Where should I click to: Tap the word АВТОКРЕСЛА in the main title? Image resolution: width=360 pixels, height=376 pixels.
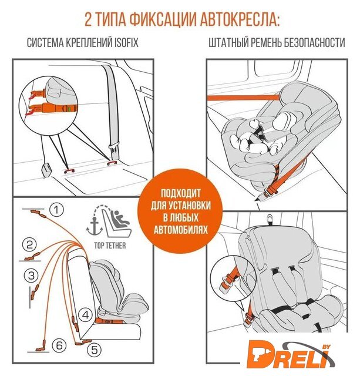[x=240, y=19]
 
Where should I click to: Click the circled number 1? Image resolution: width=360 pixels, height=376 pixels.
[x=56, y=210]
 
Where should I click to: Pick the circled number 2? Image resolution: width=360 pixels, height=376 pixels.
[x=29, y=245]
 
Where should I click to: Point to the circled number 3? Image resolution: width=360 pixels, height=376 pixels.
[x=31, y=276]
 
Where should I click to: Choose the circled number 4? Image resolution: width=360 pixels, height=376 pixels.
[x=85, y=315]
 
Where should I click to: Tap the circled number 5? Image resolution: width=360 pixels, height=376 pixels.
[x=95, y=350]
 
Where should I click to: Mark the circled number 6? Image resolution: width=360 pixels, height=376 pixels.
[x=59, y=345]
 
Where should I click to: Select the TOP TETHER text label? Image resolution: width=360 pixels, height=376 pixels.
[x=110, y=246]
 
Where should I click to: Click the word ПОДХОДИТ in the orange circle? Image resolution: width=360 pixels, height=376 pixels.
[x=180, y=193]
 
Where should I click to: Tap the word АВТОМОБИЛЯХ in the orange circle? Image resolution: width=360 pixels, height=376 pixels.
[x=180, y=230]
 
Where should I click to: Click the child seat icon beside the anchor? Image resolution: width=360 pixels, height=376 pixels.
[x=117, y=223]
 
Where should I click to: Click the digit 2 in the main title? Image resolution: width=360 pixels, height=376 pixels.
[x=88, y=19]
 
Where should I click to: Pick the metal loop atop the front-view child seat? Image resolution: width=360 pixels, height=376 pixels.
[x=270, y=219]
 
